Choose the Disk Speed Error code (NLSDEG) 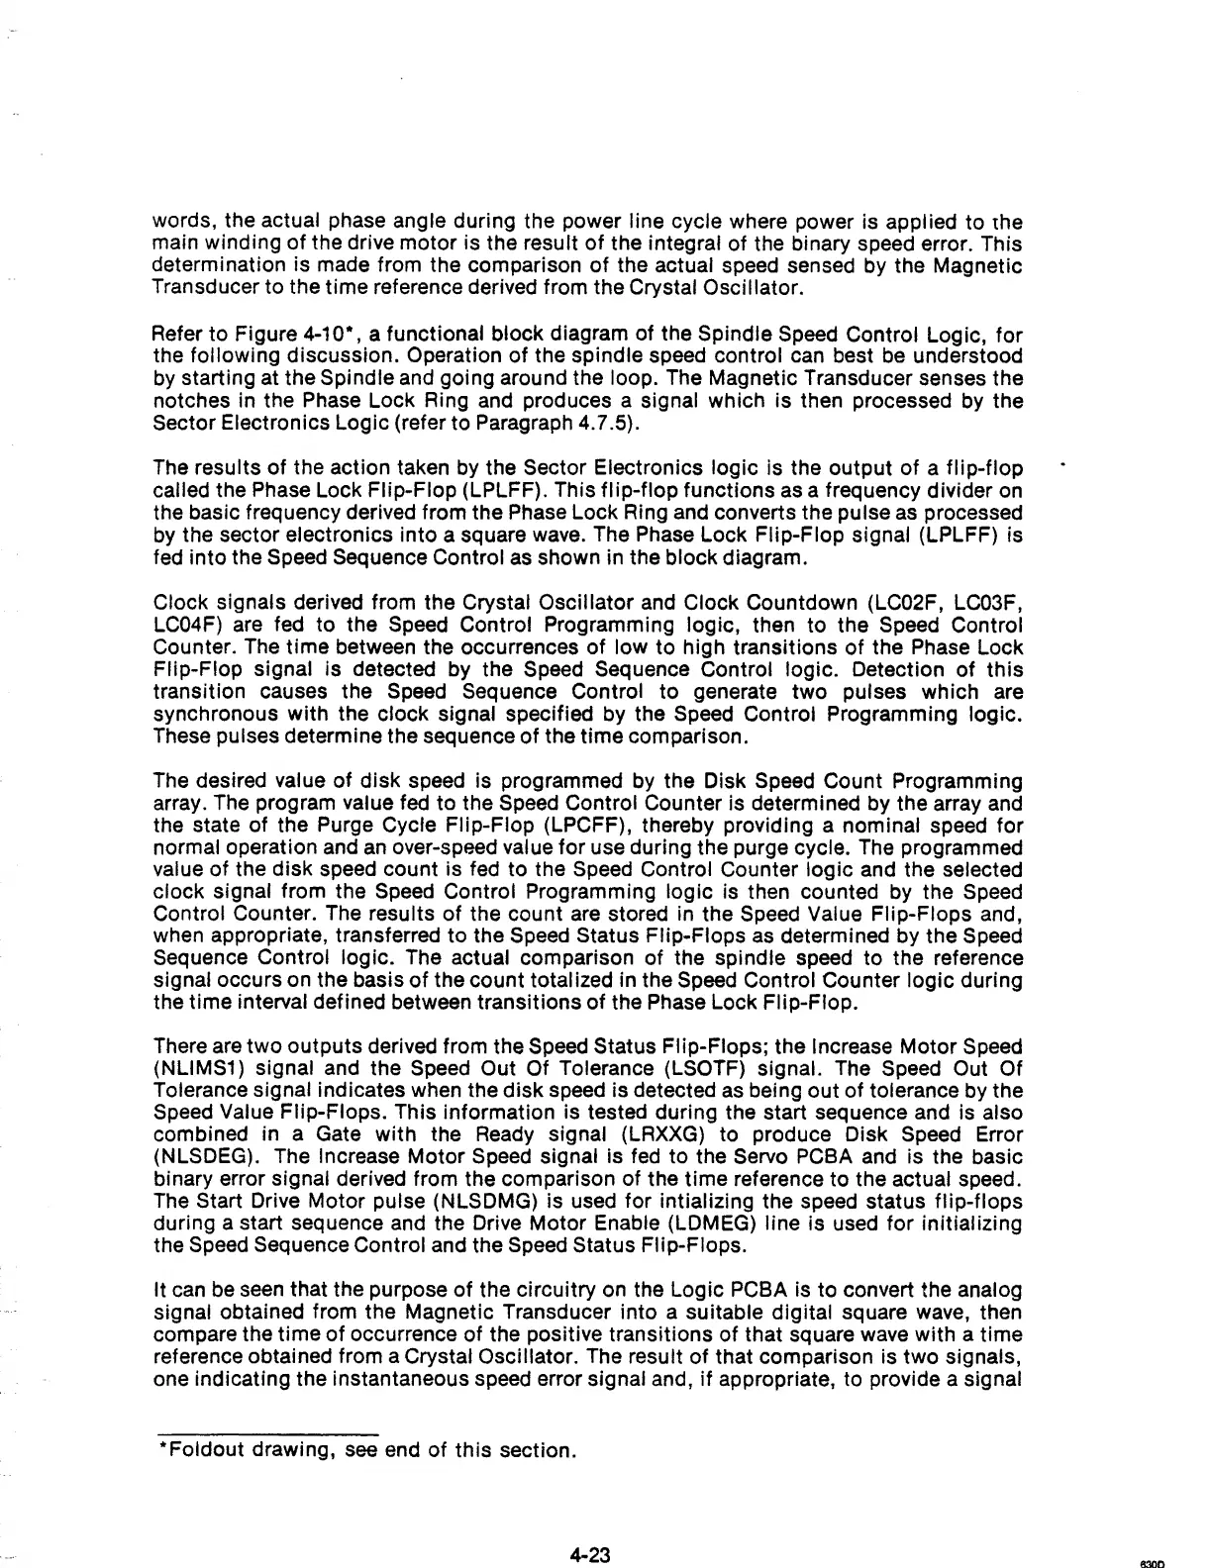click(198, 1156)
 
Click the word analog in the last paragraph click(994, 1291)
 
